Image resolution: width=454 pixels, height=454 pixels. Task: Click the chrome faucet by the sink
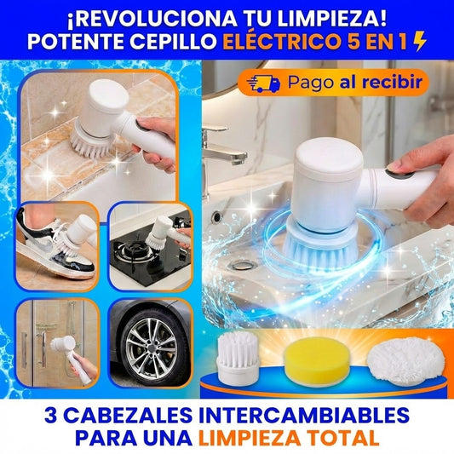223,149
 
